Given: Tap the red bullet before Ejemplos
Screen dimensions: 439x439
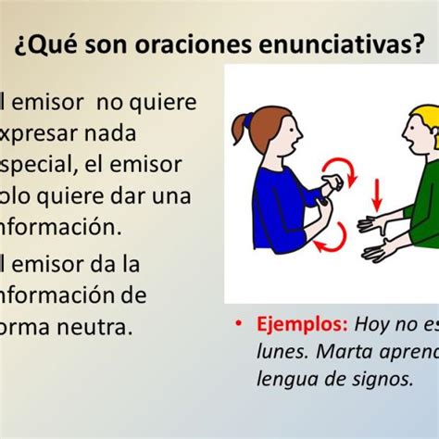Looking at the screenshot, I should [x=239, y=325].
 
